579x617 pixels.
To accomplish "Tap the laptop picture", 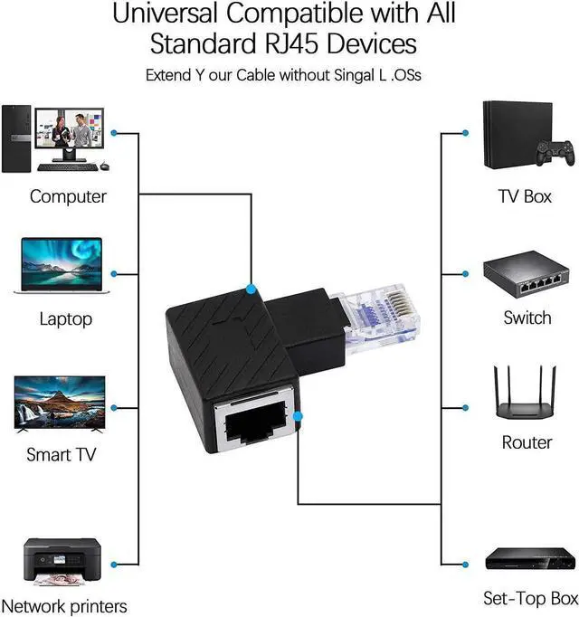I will pos(61,266).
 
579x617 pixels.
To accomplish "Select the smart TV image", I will pos(61,404).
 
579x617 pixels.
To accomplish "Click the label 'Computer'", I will pos(68,196).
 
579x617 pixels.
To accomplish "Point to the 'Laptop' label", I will pos(65,318).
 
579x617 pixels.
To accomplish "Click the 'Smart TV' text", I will pos(62,454).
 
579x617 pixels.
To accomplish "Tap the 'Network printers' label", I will pos(64,606).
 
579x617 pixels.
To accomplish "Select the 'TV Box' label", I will pos(525,196).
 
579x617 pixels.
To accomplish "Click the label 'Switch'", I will pos(527,318).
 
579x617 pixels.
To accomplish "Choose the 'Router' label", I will pos(527,442).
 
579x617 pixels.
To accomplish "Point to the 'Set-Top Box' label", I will pos(529,598).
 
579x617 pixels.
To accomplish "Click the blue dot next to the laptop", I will pos(113,273).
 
